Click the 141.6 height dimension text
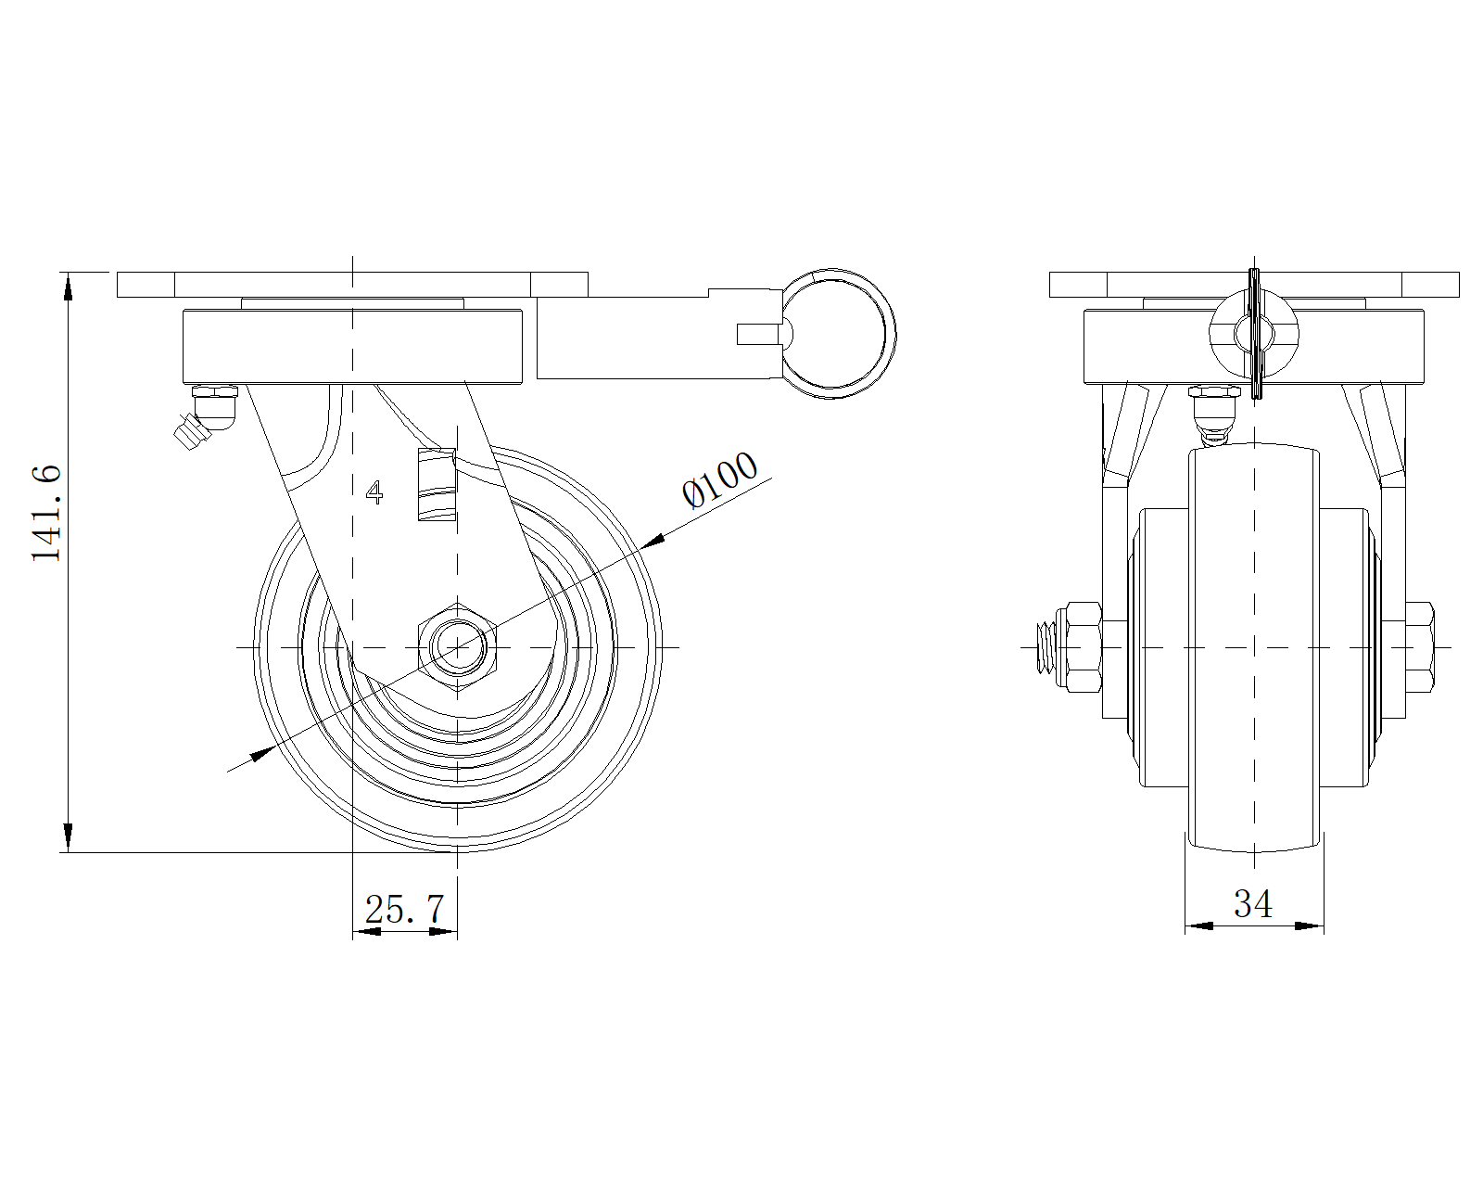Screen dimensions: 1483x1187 tap(47, 513)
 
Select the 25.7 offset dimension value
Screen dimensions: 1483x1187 tap(404, 909)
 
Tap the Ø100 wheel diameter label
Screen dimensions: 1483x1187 tap(719, 479)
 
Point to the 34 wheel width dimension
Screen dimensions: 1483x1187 tap(1253, 903)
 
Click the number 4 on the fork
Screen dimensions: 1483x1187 tap(374, 492)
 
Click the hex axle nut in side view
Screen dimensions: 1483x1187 tap(458, 647)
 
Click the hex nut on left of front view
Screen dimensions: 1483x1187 tap(1084, 647)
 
